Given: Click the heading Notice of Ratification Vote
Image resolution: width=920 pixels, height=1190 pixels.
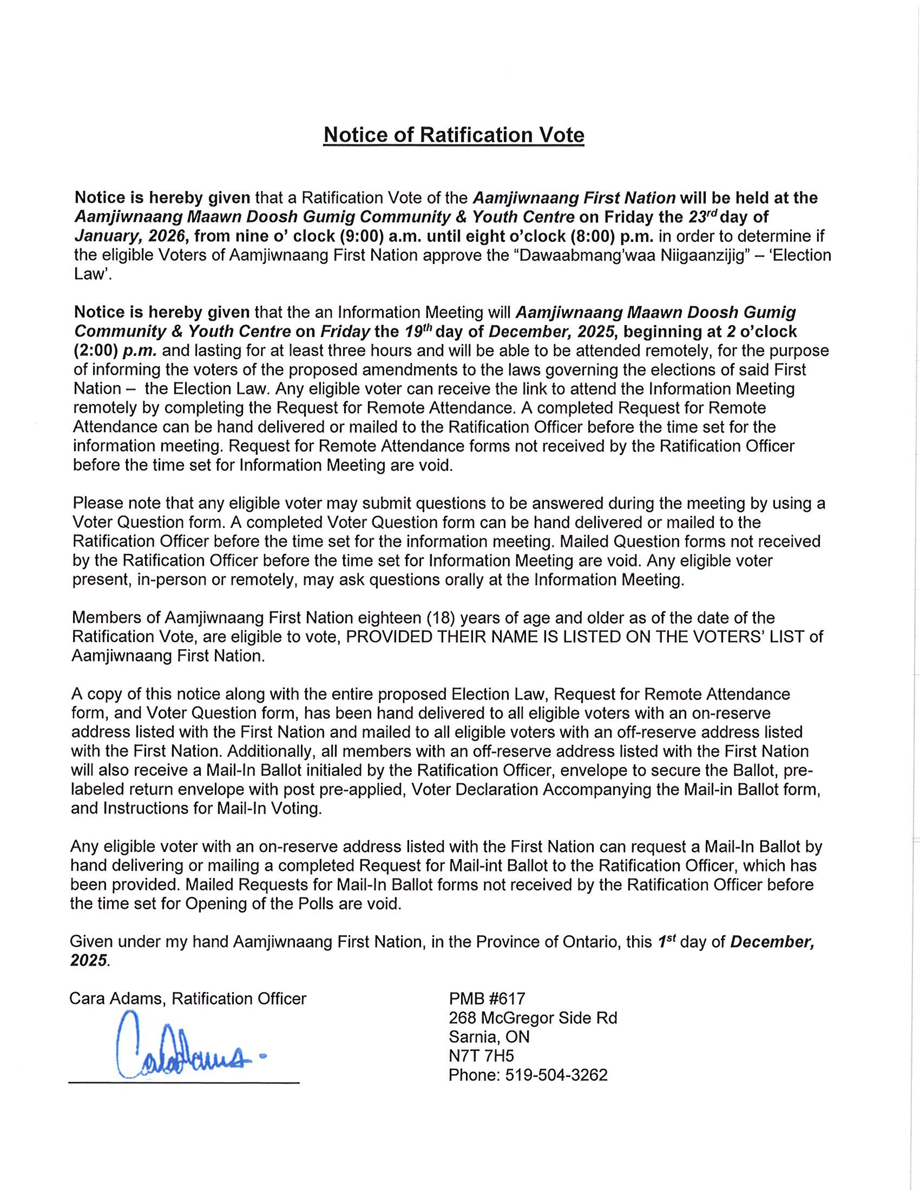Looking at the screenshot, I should [454, 135].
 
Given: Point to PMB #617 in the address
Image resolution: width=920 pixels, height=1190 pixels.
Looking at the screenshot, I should [487, 999].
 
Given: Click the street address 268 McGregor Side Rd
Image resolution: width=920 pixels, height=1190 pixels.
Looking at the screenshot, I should [533, 1018].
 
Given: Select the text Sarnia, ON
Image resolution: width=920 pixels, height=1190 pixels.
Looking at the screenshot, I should [489, 1037].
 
